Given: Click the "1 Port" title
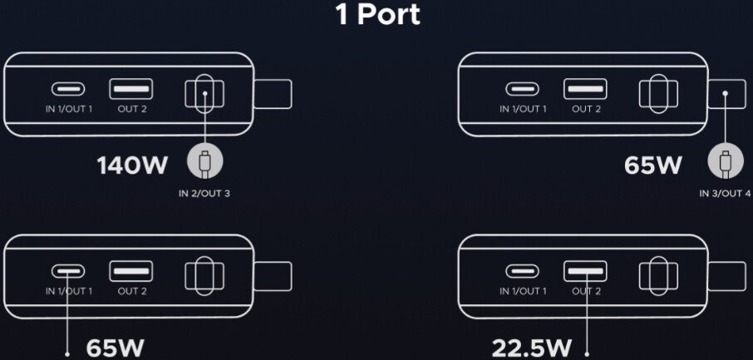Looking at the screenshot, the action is click(x=378, y=14).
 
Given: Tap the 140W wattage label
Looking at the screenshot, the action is click(x=132, y=165).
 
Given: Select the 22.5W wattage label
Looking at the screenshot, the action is click(x=532, y=348).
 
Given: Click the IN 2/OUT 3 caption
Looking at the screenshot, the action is click(x=204, y=195).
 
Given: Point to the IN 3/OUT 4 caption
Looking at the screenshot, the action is click(x=725, y=195).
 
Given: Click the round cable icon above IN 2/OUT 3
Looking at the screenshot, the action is click(x=204, y=163).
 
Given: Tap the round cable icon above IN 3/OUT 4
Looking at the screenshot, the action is click(x=725, y=163).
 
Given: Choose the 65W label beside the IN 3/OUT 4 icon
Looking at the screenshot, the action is click(x=653, y=165).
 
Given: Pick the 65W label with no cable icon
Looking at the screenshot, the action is click(x=116, y=348).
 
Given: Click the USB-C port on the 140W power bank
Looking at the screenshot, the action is click(x=68, y=89).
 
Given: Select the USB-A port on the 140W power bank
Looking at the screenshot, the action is click(x=131, y=89).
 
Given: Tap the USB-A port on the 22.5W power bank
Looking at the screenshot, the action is click(x=585, y=271).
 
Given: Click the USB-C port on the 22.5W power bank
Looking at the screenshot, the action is click(x=522, y=271).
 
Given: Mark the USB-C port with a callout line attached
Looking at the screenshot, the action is click(x=68, y=271).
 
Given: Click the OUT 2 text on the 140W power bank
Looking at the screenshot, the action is click(x=132, y=109).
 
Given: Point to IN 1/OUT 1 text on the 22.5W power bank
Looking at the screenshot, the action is click(x=523, y=291).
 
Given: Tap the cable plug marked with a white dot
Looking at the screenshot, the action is click(x=726, y=94).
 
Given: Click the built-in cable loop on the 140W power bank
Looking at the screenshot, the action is click(x=204, y=93).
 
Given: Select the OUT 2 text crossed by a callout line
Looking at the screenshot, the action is click(x=586, y=291).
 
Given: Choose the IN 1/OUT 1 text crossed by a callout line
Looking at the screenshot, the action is click(x=69, y=291).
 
